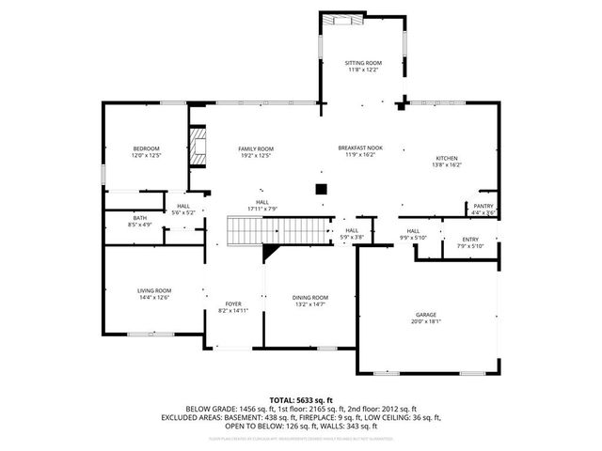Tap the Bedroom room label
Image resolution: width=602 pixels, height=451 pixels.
click(x=146, y=148)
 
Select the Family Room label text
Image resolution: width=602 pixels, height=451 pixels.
click(x=255, y=148)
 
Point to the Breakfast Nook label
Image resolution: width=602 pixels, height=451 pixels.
click(x=360, y=148)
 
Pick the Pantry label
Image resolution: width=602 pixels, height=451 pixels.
click(x=483, y=206)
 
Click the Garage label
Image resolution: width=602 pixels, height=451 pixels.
click(x=427, y=315)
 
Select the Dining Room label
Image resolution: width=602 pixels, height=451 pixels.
click(x=310, y=297)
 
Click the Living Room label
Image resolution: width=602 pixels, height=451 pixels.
click(x=153, y=291)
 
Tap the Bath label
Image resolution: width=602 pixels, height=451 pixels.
click(x=139, y=218)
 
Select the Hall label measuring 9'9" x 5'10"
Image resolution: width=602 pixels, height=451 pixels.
click(x=413, y=230)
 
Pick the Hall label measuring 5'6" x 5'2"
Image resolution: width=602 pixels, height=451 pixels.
click(x=182, y=206)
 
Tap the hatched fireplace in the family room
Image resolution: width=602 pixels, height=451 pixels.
click(x=198, y=146)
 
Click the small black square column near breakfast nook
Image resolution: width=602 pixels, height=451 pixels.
click(x=321, y=189)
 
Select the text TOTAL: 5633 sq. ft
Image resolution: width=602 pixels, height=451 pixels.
click(x=301, y=400)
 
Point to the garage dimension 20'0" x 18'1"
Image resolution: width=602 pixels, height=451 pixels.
click(x=427, y=321)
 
